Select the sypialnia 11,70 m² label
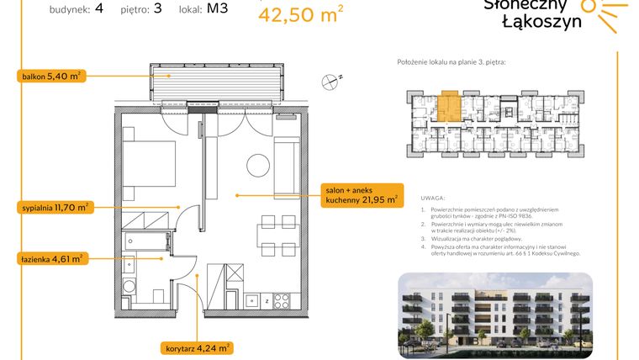(55, 206)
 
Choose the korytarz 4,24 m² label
(197, 347)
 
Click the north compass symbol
(330, 81)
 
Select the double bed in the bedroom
(149, 164)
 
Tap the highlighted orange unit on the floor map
(448, 108)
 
